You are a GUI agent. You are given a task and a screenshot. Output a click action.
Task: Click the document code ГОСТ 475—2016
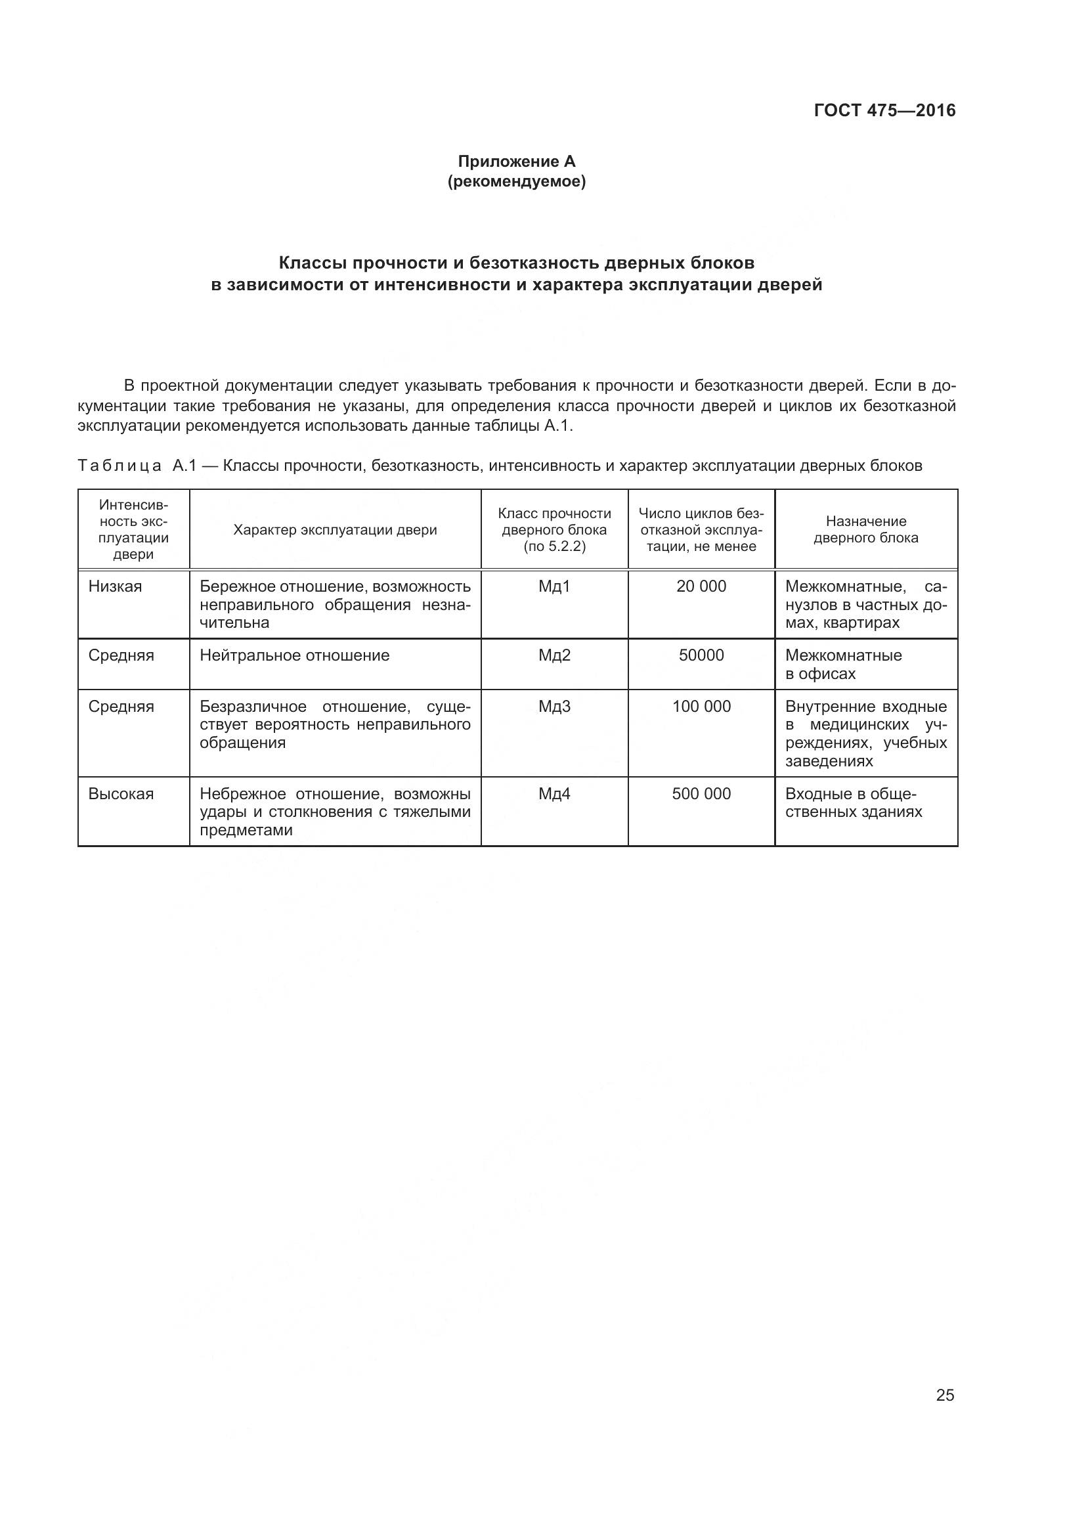[x=884, y=110]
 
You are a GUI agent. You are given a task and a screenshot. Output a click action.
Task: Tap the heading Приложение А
[x=516, y=162]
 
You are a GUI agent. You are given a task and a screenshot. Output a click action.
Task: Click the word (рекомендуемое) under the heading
[x=516, y=181]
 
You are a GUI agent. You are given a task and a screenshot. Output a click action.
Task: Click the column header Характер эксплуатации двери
[x=335, y=530]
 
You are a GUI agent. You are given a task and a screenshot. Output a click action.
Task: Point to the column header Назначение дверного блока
[x=866, y=529]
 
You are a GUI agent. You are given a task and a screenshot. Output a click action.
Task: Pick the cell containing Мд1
[x=554, y=586]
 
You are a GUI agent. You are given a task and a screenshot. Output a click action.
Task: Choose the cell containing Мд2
[x=554, y=655]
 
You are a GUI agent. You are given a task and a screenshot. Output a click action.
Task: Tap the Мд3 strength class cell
[x=554, y=707]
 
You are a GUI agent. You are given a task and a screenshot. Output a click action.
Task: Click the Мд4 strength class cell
[x=554, y=794]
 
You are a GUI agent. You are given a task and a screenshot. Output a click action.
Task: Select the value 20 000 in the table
[x=701, y=586]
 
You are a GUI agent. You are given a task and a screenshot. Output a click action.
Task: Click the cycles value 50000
[x=701, y=655]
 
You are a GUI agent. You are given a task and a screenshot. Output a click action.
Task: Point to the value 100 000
[x=701, y=707]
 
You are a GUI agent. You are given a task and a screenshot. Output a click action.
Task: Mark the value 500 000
[x=701, y=794]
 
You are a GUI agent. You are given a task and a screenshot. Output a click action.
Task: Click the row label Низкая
[x=115, y=586]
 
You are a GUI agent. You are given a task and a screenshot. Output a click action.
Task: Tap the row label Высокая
[x=121, y=794]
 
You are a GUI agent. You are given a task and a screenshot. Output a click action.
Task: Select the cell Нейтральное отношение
[x=294, y=655]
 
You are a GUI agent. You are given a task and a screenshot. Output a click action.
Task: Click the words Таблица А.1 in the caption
[x=137, y=466]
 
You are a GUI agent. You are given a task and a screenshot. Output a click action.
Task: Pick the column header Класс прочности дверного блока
[x=554, y=530]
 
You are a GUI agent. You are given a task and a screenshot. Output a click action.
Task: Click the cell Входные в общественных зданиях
[x=854, y=802]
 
